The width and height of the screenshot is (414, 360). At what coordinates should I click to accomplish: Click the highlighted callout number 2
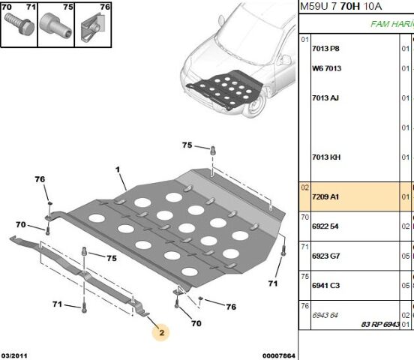[161, 332]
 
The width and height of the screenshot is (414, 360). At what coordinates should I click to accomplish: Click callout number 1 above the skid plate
[118, 169]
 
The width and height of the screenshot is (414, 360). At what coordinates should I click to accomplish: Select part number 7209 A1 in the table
[325, 196]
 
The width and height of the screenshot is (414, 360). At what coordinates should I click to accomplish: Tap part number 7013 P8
[325, 49]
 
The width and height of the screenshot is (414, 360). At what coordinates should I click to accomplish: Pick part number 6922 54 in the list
[325, 226]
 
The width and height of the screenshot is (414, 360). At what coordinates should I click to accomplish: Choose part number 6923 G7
[325, 256]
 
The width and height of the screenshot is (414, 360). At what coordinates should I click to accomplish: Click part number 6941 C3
[325, 286]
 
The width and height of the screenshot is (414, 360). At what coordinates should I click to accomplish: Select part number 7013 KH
[326, 157]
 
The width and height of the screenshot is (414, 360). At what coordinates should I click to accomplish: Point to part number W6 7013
[326, 68]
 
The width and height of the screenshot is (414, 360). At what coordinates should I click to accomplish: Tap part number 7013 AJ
[325, 98]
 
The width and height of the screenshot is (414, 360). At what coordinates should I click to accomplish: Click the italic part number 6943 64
[325, 315]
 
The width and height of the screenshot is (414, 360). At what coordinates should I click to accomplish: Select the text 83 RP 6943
[380, 324]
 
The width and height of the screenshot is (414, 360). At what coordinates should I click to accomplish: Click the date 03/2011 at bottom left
[14, 355]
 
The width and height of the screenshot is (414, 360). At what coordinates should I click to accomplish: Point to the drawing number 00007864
[278, 355]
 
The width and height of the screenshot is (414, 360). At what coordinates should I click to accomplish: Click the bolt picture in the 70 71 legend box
[19, 24]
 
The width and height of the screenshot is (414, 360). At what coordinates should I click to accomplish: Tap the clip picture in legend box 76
[93, 28]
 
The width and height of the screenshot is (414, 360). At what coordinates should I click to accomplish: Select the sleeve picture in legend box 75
[55, 25]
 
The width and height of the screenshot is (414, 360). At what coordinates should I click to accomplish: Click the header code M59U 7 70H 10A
[340, 6]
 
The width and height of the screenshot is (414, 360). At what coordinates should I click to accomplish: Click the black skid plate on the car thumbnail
[225, 88]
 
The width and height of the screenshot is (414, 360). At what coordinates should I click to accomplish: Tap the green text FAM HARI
[392, 24]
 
